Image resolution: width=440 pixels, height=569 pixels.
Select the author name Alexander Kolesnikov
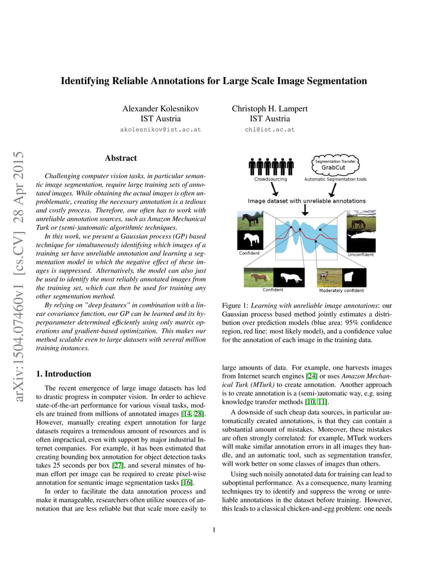[x=160, y=108]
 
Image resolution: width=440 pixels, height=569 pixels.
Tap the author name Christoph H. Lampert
[x=269, y=108]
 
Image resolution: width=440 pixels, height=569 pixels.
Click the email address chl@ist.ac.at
[x=269, y=130]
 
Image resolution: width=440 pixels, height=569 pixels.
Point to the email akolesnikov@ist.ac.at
[x=160, y=130]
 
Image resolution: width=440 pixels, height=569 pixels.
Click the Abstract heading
[x=121, y=158]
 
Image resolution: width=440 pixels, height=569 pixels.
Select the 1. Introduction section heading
[x=63, y=374]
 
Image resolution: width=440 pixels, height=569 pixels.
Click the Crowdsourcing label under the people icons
[x=270, y=179]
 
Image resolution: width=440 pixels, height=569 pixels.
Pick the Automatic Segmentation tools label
[x=335, y=179]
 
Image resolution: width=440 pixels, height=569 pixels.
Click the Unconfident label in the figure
[x=361, y=255]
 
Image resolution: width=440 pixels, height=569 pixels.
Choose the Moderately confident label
[x=342, y=290]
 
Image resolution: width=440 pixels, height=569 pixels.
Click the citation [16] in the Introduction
[x=187, y=482]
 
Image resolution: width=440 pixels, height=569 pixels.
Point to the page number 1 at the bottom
[x=213, y=529]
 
